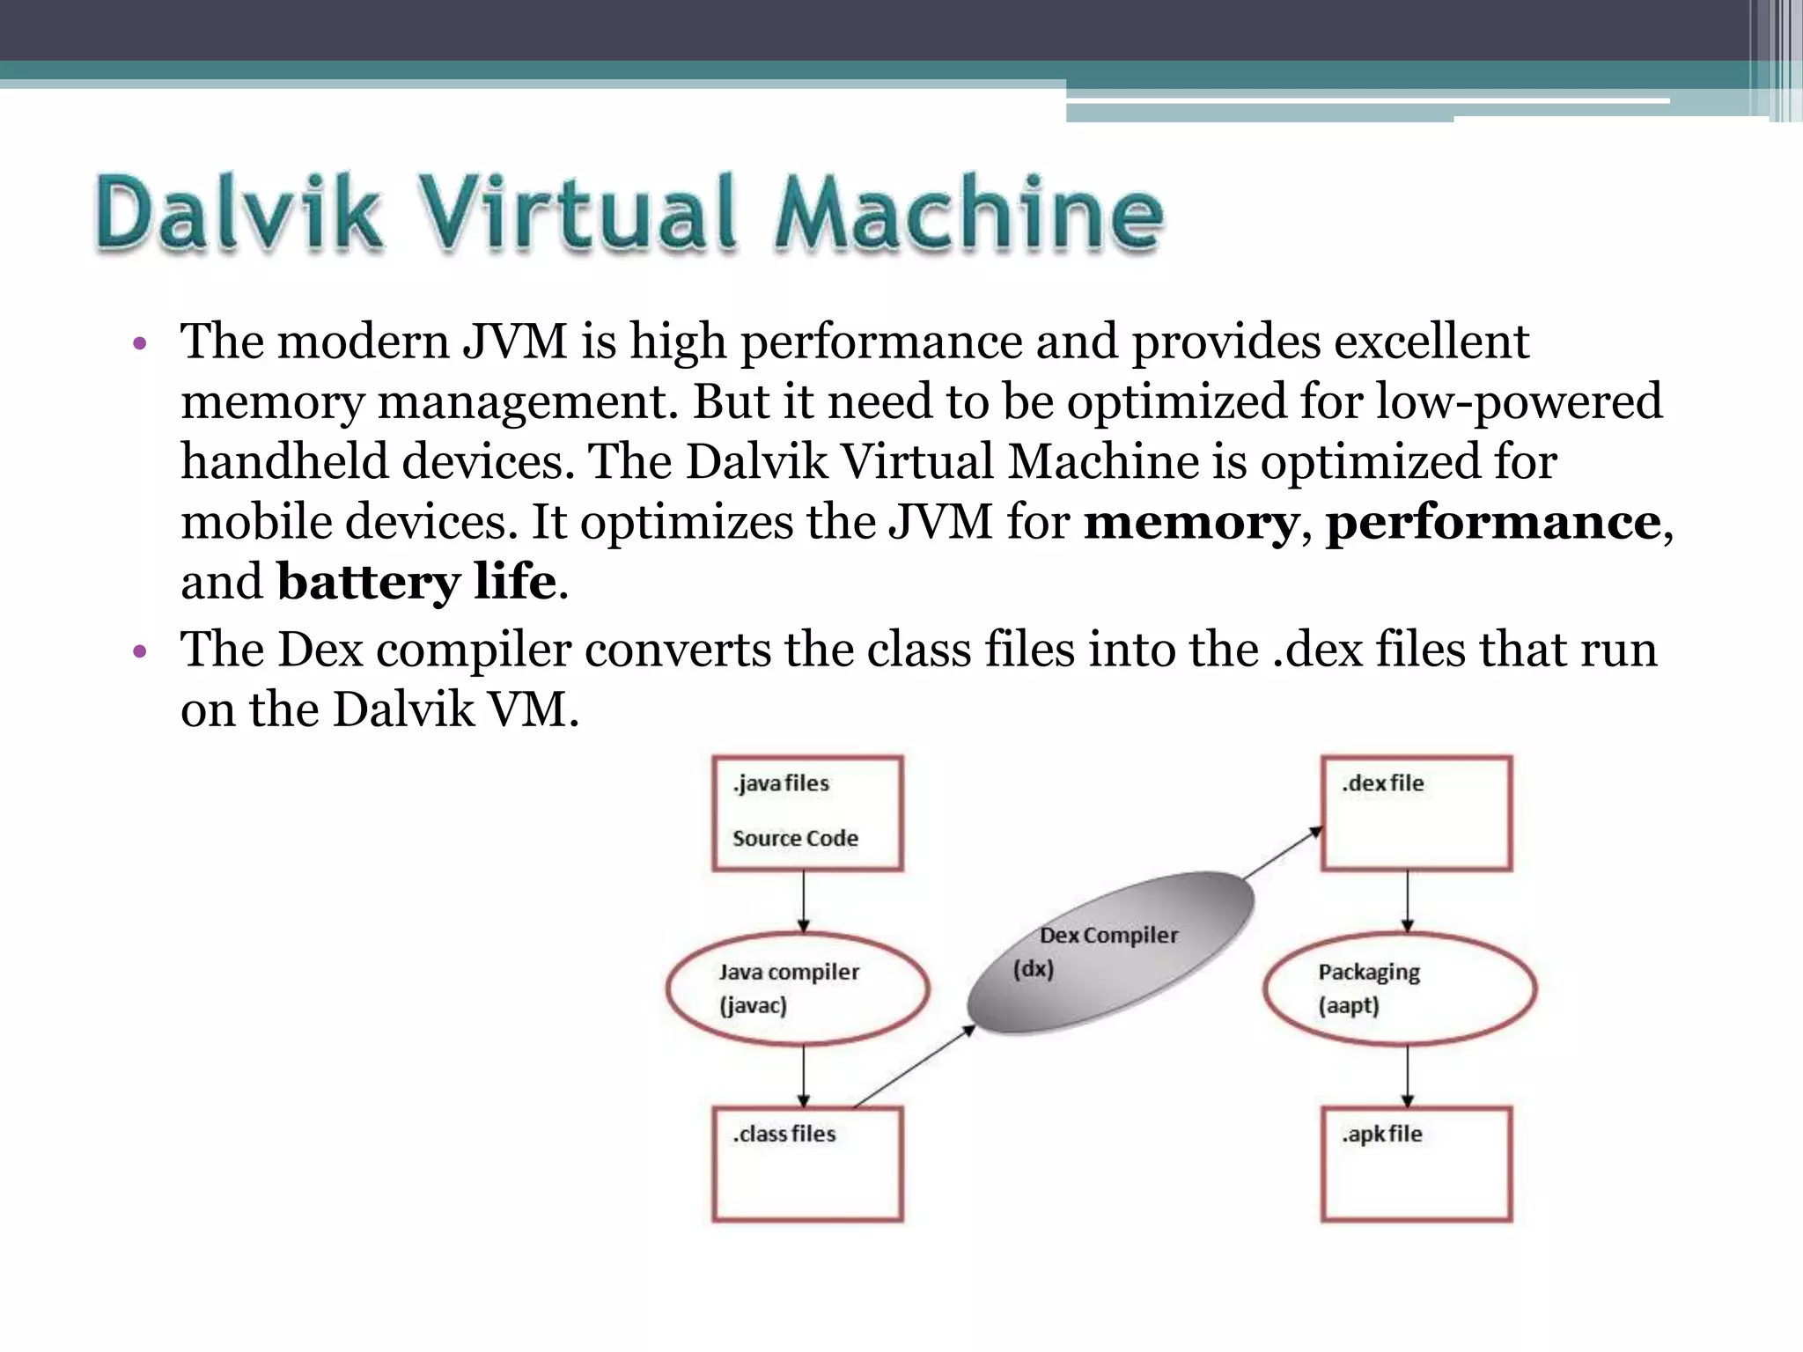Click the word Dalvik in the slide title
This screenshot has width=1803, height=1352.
pos(238,213)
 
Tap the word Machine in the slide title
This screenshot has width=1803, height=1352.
pos(968,213)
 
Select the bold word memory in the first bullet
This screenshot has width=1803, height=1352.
pos(1190,522)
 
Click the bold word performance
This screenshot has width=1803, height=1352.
pos(1493,522)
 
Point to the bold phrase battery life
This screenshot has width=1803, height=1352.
pos(416,582)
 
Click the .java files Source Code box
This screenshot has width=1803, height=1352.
pos(807,813)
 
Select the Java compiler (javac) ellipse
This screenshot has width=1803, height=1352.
pos(798,988)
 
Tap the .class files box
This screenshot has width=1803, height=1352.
pos(807,1164)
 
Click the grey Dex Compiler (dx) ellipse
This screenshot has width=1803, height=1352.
pos(1109,952)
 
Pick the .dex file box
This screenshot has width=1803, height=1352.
pos(1417,813)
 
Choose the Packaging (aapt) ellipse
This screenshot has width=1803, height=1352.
pos(1400,988)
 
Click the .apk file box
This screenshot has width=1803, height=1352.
pos(1417,1164)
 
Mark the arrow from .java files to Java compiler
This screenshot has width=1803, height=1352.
pos(803,901)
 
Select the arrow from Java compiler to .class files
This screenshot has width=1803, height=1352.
pos(803,1076)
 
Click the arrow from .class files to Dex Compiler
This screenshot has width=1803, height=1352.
pos(914,1066)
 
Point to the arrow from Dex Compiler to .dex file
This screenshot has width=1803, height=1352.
pos(1283,853)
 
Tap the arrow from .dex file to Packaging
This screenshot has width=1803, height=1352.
pos(1407,901)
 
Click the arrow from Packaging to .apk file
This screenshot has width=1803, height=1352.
pos(1407,1076)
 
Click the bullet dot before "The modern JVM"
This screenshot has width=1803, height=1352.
pos(138,343)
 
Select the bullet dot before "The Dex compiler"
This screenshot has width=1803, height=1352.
pos(138,652)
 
